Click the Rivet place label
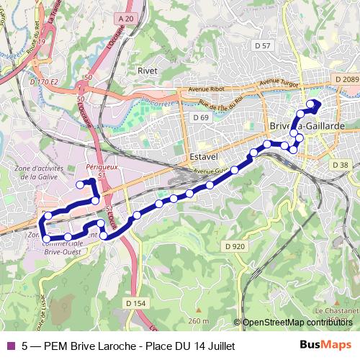[147, 71]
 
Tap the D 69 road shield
[200, 117]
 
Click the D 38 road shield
[340, 165]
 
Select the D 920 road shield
[235, 246]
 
